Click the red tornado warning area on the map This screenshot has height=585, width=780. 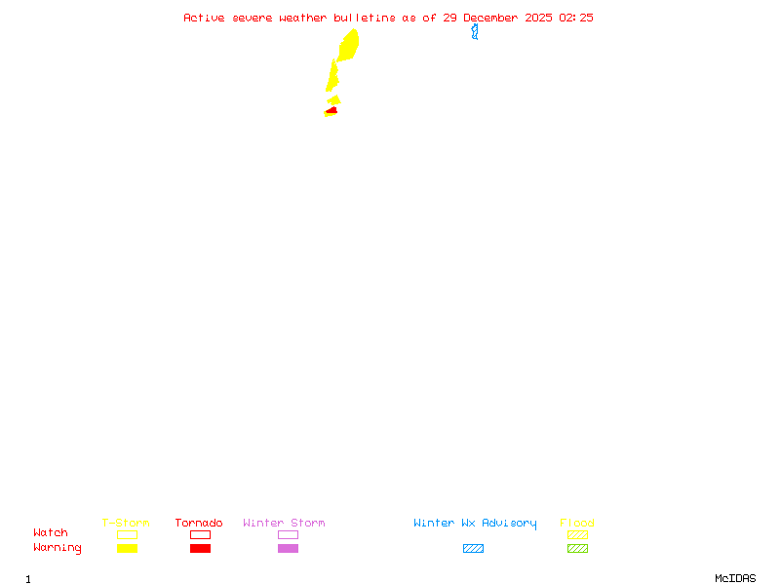[332, 110]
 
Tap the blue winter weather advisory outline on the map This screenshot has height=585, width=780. [475, 31]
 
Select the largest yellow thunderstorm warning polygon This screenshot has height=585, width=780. [348, 45]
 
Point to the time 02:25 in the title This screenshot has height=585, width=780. [576, 18]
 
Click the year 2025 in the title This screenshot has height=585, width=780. [539, 18]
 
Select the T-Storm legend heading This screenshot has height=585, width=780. [126, 524]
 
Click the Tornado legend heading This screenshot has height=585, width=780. [199, 524]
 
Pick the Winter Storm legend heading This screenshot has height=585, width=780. [284, 524]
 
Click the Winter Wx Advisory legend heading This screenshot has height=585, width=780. [475, 524]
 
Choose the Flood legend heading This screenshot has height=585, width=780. [577, 524]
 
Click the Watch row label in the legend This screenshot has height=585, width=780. [51, 533]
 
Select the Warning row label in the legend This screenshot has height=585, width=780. [58, 548]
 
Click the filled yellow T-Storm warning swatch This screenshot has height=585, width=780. [127, 549]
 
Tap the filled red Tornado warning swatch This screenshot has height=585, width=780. [200, 549]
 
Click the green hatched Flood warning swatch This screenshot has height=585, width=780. [577, 549]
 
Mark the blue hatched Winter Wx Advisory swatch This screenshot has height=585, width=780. [473, 549]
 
